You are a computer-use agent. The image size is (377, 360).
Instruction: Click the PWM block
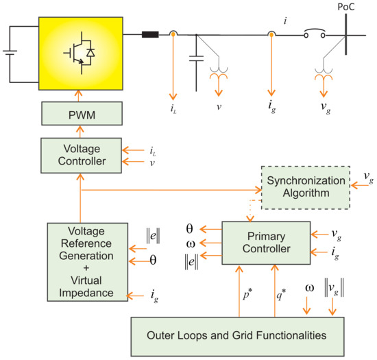pyautogui.click(x=80, y=113)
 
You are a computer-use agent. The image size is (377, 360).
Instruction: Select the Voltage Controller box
pyautogui.click(x=80, y=155)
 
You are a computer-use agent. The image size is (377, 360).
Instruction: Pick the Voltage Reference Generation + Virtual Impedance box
pyautogui.click(x=88, y=261)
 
